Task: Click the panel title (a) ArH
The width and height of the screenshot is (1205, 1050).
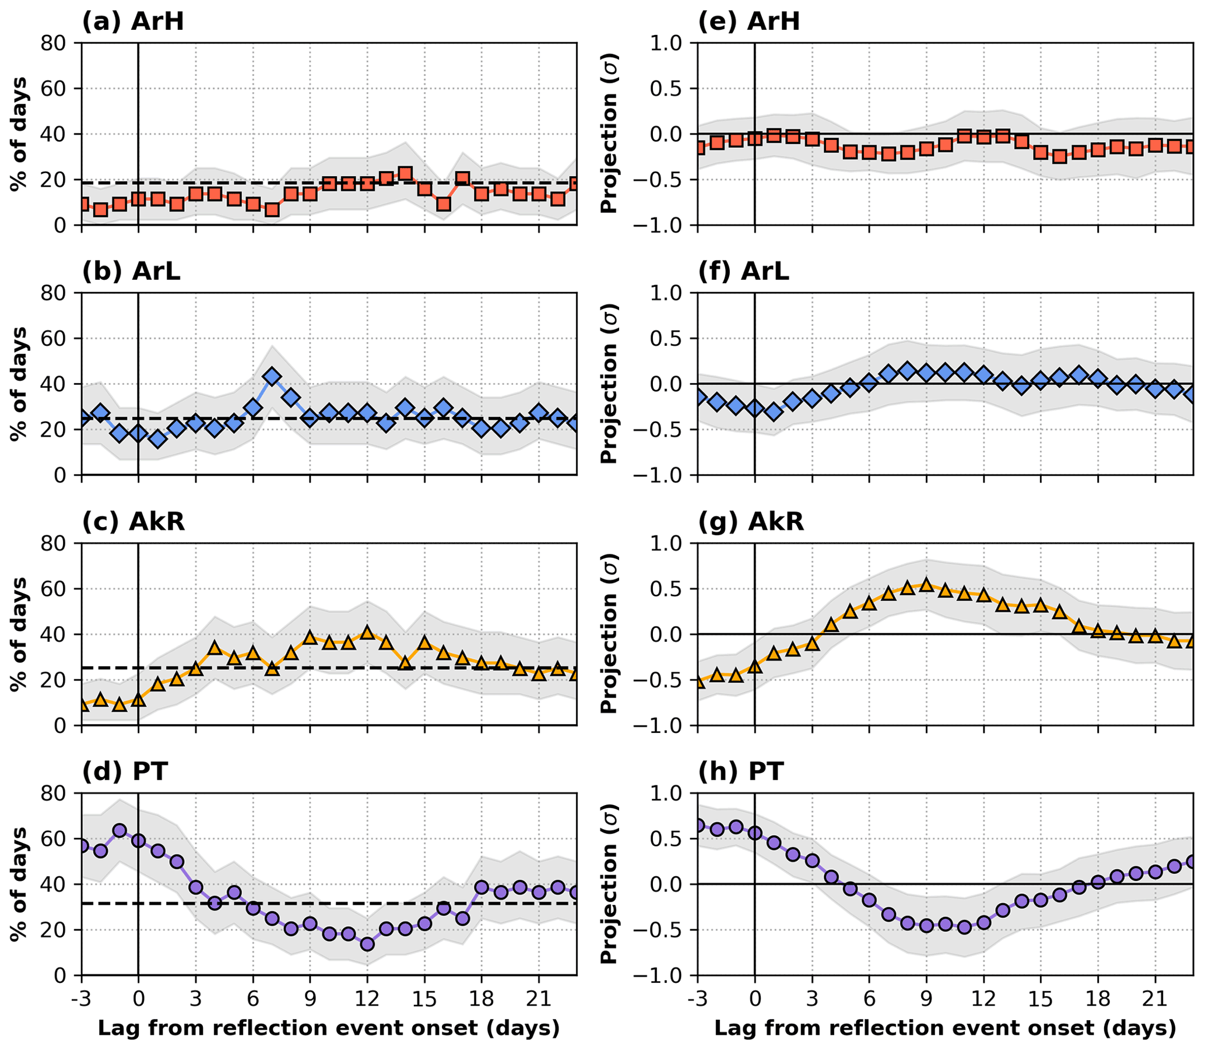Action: point(133,22)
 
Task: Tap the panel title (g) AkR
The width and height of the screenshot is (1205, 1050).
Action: point(751,521)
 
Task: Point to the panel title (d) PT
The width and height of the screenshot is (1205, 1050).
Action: point(125,771)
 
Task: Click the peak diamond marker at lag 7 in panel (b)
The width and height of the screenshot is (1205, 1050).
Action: point(272,377)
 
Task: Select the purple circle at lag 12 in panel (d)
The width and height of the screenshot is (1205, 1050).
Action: point(367,944)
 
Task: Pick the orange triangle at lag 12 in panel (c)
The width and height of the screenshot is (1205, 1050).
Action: point(367,633)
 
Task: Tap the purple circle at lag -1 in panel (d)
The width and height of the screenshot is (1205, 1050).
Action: point(120,830)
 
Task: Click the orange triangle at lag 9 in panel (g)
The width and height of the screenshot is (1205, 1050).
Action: point(926,585)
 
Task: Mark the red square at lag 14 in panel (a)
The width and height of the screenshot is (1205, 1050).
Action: point(405,173)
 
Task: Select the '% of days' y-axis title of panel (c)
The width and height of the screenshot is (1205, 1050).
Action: point(20,634)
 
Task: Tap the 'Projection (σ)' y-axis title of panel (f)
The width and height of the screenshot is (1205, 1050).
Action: point(609,384)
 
